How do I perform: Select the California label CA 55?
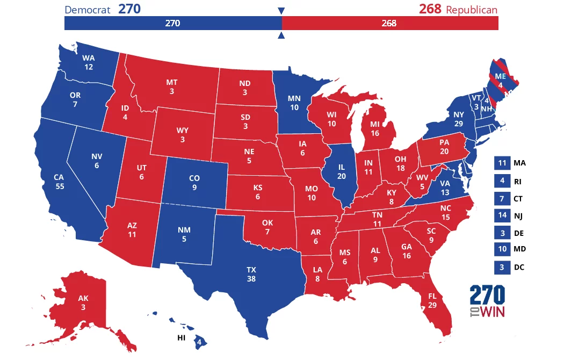[x=59, y=181]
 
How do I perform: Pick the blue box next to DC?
[x=501, y=267]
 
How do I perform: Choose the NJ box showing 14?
[x=501, y=215]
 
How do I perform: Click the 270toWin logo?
[x=487, y=301]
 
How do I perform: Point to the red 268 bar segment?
[x=390, y=23]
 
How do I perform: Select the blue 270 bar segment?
[x=172, y=23]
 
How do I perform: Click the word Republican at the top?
[x=472, y=10]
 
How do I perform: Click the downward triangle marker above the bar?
[x=281, y=11]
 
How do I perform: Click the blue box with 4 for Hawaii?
[x=199, y=341]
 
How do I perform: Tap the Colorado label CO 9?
[x=194, y=183]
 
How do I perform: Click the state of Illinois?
[x=341, y=172]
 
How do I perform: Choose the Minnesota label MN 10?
[x=294, y=103]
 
